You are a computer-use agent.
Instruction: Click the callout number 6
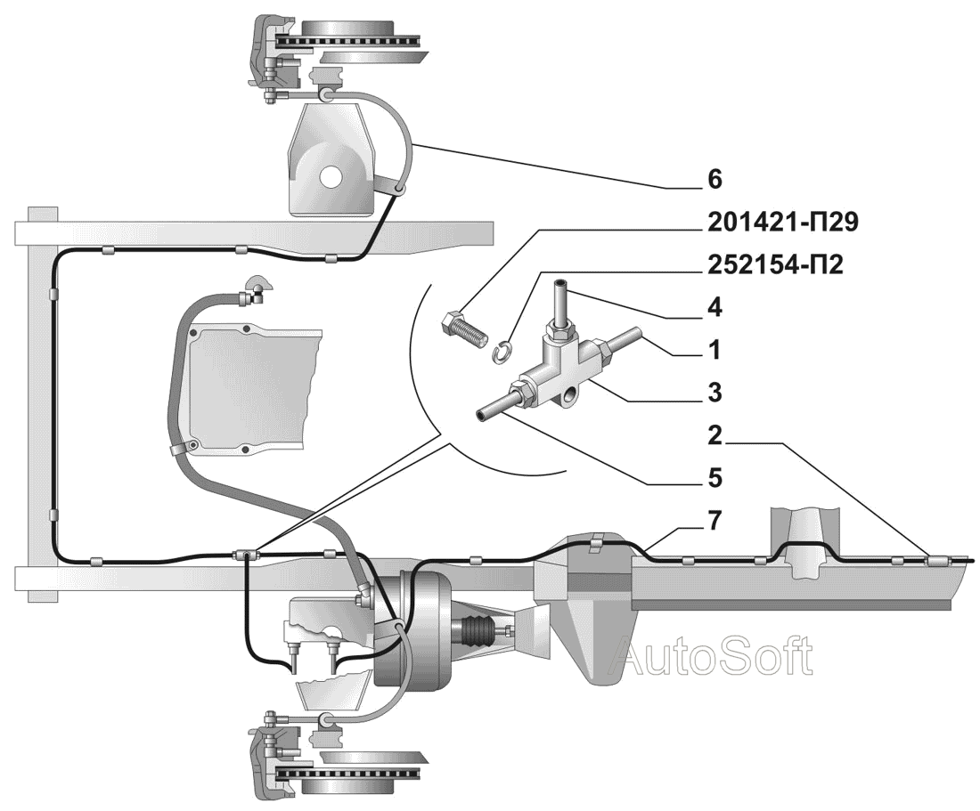point(715,179)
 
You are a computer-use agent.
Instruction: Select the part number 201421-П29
point(782,223)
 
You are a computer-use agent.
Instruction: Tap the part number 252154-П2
point(775,264)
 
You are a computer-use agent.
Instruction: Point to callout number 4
point(715,307)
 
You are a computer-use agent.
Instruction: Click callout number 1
point(715,350)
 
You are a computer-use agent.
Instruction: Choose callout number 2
point(715,435)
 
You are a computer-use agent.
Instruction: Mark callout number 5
point(715,478)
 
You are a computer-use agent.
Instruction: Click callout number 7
point(715,520)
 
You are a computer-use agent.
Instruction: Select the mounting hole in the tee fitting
point(569,395)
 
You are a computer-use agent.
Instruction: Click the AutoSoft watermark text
point(711,655)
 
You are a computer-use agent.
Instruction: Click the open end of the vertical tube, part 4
point(560,284)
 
